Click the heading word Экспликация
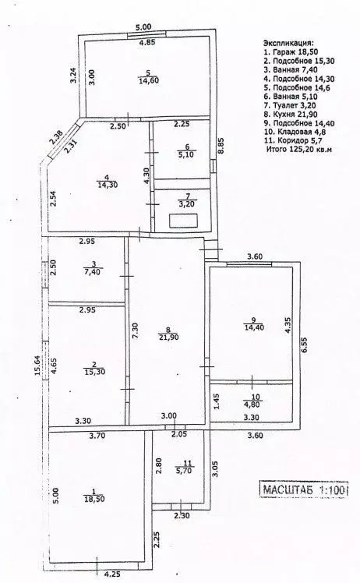click(x=287, y=43)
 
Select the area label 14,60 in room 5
click(x=148, y=80)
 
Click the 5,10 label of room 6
click(x=184, y=154)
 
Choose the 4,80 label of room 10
click(x=249, y=404)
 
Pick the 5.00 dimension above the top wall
click(x=143, y=27)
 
